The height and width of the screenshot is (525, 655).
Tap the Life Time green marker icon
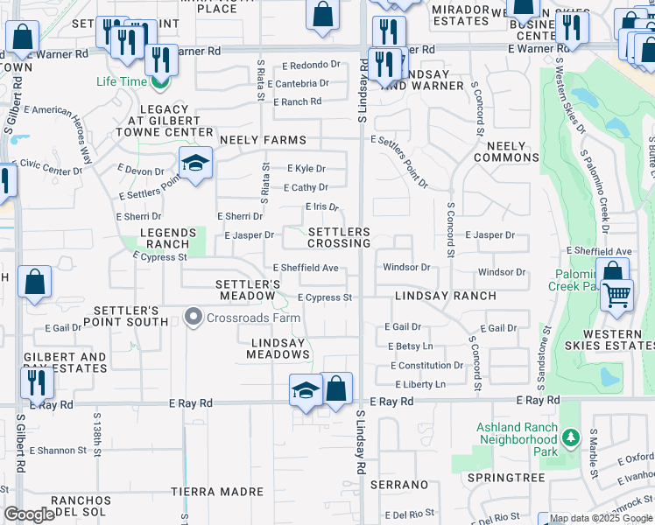coord(159,84)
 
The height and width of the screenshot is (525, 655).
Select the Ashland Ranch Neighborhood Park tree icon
coord(571,436)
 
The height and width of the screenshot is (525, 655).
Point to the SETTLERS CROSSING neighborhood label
coord(339,236)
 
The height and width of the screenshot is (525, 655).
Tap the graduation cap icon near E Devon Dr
coord(196,164)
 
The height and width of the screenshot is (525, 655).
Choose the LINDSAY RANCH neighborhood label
coord(445,297)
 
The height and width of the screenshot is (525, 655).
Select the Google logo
coord(29,514)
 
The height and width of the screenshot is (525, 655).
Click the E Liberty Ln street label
coord(420,385)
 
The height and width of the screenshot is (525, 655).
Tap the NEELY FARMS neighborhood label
coord(263,140)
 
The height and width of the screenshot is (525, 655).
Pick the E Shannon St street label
coord(59,451)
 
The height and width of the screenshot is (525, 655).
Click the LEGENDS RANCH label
coord(165,238)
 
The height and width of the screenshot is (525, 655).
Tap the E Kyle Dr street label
coord(306,169)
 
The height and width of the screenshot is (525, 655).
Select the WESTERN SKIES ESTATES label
coord(611,340)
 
